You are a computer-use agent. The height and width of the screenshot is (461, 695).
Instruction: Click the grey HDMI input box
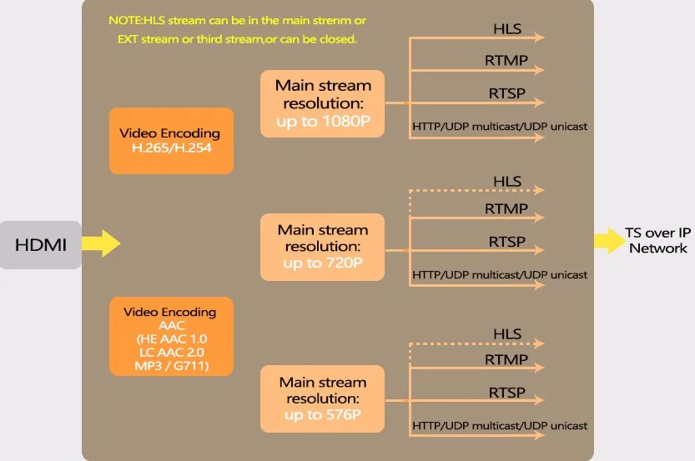[40, 244]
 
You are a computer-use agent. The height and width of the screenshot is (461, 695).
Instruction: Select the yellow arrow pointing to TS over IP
[607, 240]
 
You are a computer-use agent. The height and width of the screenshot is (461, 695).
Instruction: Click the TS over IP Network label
[658, 240]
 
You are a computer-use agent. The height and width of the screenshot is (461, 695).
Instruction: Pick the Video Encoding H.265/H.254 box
[170, 140]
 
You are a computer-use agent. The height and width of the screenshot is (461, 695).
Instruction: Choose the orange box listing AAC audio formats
[170, 335]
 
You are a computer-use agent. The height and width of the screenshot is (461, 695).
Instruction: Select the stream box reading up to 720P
[323, 247]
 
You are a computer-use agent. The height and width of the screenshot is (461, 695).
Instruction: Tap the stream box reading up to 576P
[323, 398]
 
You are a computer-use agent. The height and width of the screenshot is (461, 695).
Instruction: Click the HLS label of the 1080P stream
[507, 29]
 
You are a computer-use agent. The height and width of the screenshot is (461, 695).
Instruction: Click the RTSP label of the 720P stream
[506, 241]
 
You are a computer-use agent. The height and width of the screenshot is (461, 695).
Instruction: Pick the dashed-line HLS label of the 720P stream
[507, 182]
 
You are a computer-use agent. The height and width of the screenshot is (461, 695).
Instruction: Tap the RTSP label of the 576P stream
[506, 393]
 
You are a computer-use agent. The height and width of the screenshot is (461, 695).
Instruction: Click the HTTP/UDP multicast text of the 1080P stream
[500, 127]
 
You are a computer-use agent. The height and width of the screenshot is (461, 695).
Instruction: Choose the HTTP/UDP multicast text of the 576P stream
[500, 426]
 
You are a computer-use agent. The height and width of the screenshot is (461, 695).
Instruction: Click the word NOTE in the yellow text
[124, 19]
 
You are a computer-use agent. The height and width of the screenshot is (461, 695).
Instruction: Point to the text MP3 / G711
[170, 366]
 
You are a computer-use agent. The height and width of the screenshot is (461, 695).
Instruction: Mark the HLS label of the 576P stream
[507, 334]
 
